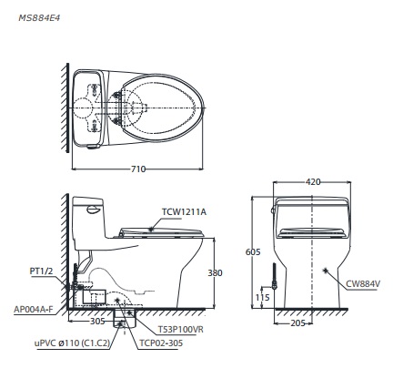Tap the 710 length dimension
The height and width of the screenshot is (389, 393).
(137, 169)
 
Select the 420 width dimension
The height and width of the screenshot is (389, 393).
(312, 182)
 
